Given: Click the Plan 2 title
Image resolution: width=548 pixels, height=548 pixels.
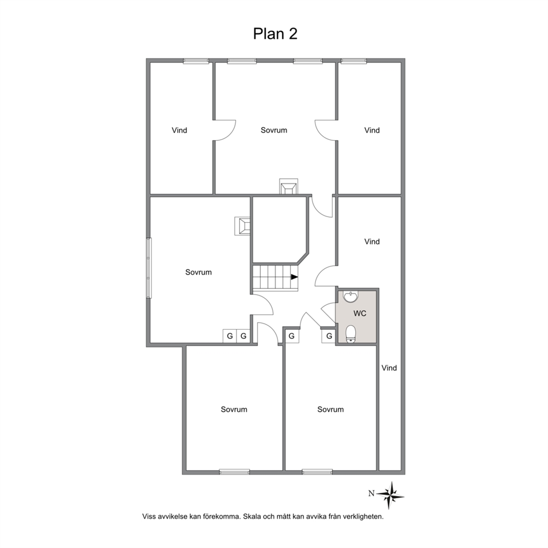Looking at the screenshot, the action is (275, 34).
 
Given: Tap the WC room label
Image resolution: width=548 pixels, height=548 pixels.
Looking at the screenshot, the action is (360, 313).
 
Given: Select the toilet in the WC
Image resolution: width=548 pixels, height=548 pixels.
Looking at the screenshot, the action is (351, 334).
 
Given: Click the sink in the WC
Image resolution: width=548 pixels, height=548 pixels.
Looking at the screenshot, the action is (351, 296).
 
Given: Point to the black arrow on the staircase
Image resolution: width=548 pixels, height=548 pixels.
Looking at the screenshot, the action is (294, 277).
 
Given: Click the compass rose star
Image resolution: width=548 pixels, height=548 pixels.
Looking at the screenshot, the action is (391, 495).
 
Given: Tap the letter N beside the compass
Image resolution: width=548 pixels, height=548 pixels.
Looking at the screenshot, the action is (371, 493).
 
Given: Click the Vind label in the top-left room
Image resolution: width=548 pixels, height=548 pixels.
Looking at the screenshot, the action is (180, 130).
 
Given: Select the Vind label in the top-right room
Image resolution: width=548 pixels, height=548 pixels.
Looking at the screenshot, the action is (372, 130).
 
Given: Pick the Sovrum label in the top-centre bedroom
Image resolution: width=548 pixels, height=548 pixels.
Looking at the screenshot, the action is (274, 130).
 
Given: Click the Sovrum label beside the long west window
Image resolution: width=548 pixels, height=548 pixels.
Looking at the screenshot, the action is (198, 272).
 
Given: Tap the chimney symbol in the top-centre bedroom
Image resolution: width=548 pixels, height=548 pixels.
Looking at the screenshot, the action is (289, 186).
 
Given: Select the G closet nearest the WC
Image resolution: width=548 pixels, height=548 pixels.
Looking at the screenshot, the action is (329, 336).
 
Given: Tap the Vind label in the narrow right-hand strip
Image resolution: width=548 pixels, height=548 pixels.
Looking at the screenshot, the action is (389, 368).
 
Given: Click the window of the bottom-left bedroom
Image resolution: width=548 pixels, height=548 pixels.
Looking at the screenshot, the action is (235, 472).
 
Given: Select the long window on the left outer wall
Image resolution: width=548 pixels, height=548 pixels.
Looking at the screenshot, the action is (149, 268).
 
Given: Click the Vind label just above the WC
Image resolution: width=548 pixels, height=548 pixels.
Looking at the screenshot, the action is (372, 241).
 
